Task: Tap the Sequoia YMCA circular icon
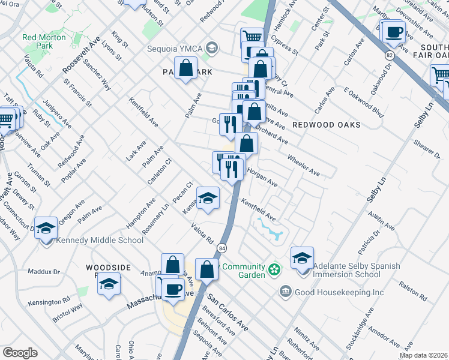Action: pos(212,47)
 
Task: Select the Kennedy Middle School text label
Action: pos(100,241)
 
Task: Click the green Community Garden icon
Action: pos(274,269)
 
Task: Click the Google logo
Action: pos(20,352)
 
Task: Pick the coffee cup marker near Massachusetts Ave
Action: pos(174,290)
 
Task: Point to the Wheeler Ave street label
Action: pos(304,165)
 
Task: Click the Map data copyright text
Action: pos(423,355)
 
